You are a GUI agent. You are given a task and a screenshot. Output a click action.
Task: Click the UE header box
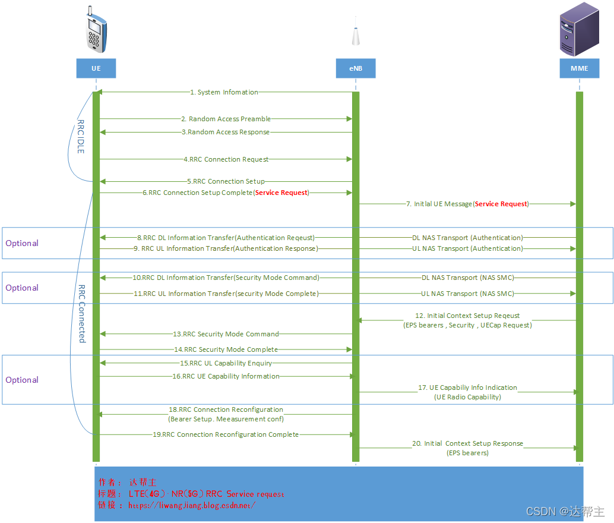pos(96,68)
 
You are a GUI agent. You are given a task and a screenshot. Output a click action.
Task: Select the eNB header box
pos(355,68)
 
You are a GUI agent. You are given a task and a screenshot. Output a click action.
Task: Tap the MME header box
pos(579,68)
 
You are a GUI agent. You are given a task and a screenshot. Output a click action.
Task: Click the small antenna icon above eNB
pos(355,35)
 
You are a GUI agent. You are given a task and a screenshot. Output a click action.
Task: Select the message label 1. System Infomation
pos(224,93)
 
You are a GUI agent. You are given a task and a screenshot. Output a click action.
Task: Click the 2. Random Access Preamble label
pos(226,119)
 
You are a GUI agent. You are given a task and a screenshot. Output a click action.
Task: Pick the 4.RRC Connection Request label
pos(226,159)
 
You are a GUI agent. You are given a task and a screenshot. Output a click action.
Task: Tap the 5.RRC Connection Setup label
pos(226,181)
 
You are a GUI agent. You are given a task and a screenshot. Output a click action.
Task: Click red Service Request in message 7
pos(501,204)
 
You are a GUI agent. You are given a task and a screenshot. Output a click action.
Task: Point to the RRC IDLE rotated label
pos(81,137)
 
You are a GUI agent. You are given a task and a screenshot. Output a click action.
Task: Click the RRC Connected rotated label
pos(82,313)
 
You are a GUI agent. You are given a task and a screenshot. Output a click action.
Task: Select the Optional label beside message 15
pos(22,380)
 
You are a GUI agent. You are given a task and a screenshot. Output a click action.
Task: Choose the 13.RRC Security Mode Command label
pos(226,334)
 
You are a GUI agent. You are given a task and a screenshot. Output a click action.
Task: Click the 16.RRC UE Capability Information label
pos(226,376)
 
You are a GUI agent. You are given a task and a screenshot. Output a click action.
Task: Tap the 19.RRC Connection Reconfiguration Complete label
pos(226,434)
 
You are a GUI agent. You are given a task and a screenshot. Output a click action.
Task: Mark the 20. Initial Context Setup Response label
pos(468,443)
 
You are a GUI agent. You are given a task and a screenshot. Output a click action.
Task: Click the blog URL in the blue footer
pos(192,505)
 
